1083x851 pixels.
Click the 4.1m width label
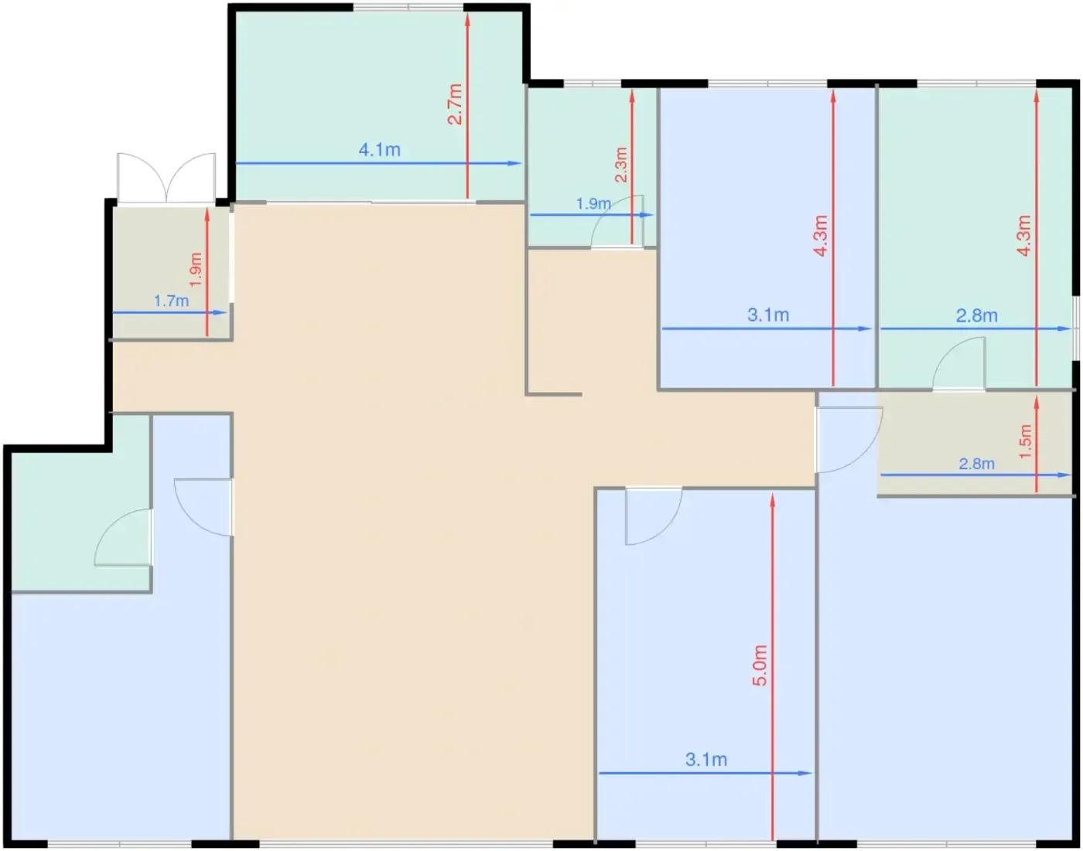tap(380, 150)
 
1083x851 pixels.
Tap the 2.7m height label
tap(454, 104)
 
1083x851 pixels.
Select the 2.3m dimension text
tap(621, 165)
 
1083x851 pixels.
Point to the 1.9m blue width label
tap(593, 204)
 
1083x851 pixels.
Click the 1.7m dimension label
tap(171, 301)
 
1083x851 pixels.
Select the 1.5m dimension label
tap(1025, 441)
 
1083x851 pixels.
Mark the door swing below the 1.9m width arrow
tap(617, 221)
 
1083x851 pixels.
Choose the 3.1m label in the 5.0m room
tap(706, 760)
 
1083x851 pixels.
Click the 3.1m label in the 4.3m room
tap(768, 315)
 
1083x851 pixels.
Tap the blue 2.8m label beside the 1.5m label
tap(976, 464)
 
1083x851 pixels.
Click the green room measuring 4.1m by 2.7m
tap(380, 106)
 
